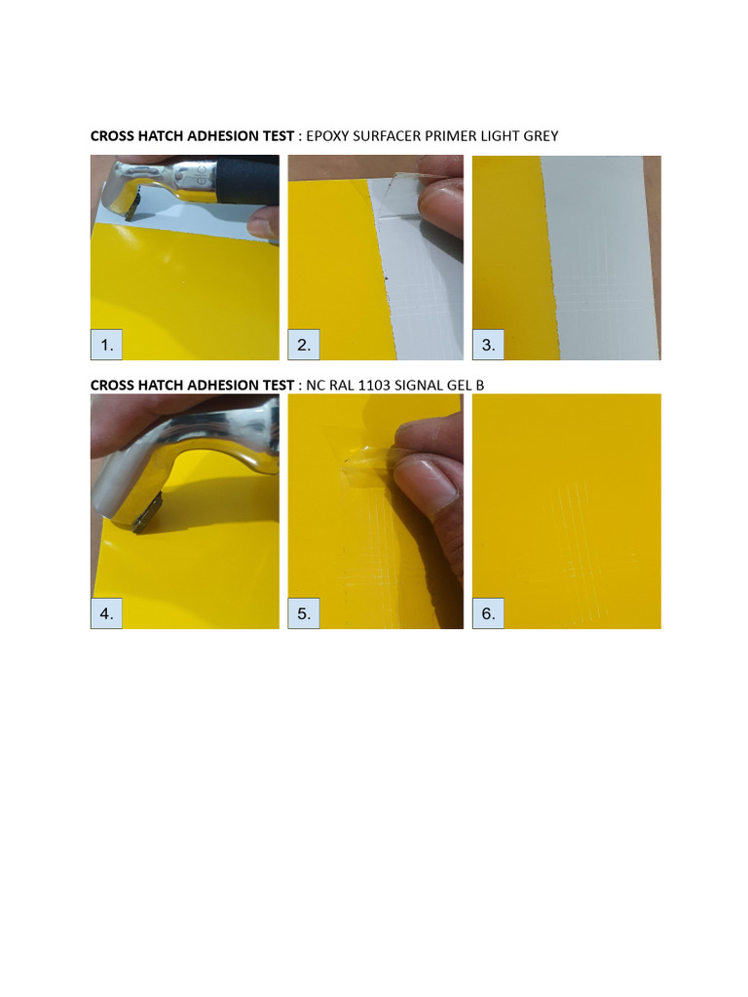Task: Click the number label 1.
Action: click(107, 345)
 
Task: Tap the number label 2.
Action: click(304, 345)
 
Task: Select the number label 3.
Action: click(488, 345)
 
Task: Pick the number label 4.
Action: click(107, 613)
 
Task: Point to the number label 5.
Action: click(304, 613)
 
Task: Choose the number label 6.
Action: click(488, 613)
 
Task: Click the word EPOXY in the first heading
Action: click(328, 136)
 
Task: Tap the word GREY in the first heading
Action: click(541, 136)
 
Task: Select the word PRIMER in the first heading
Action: click(447, 136)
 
